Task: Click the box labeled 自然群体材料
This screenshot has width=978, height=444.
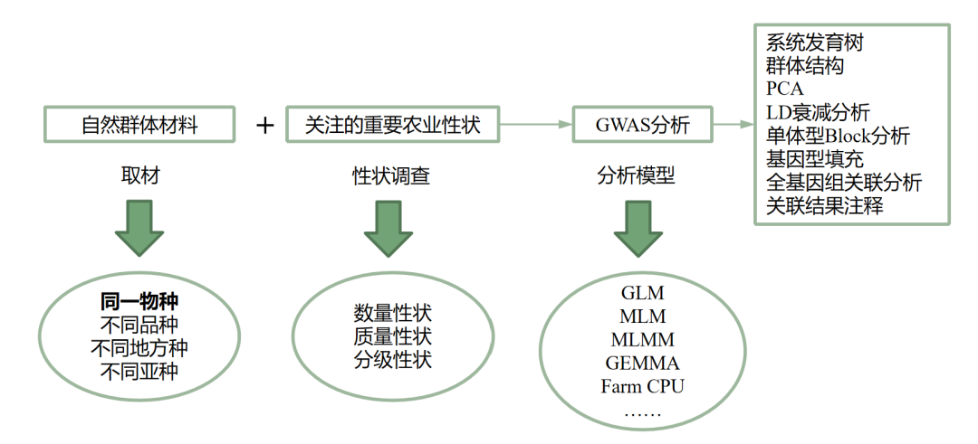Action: click(139, 125)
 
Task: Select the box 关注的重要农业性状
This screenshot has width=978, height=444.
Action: click(393, 125)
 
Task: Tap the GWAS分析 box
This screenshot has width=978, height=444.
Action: click(642, 125)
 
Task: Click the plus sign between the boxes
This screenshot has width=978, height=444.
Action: click(264, 125)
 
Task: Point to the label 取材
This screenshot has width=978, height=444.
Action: click(139, 175)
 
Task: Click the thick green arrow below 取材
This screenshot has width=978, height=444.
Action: click(139, 228)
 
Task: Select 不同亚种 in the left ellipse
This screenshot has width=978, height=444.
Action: click(139, 371)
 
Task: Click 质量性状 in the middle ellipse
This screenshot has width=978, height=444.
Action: click(392, 336)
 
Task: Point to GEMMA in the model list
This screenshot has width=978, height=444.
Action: click(642, 364)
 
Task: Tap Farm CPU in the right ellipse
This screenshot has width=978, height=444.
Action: click(642, 387)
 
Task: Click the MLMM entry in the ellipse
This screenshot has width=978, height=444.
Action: click(642, 340)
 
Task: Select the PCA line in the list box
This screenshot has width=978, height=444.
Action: click(784, 90)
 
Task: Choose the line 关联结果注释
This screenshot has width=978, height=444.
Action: click(824, 206)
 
